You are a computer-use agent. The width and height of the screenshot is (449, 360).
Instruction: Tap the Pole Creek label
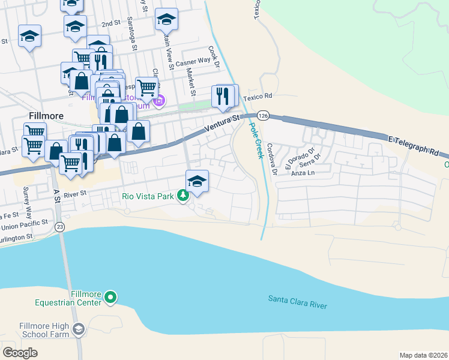256,141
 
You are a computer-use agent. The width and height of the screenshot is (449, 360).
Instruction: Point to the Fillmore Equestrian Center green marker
110,296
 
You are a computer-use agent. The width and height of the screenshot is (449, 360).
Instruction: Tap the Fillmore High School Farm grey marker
78,329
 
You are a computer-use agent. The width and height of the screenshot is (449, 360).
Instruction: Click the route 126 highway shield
263,115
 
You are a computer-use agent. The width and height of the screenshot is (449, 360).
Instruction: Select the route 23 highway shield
59,227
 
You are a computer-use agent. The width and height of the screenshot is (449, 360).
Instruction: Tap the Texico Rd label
258,96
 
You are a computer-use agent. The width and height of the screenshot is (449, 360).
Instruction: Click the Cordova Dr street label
272,159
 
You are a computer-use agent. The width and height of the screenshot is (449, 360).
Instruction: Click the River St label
76,194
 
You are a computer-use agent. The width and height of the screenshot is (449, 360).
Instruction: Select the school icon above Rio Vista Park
197,181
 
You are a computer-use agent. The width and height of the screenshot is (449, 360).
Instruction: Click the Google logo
20,353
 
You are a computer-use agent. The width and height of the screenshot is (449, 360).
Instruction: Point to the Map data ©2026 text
424,355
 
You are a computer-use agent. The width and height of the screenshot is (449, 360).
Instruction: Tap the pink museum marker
159,100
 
